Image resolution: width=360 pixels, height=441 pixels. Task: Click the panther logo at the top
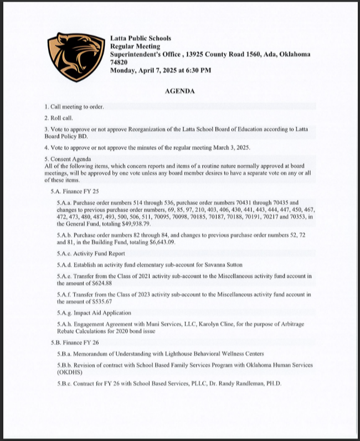(x=76, y=57)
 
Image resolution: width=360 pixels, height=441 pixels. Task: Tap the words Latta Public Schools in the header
(x=141, y=38)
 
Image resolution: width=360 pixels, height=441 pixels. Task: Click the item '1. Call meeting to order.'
(x=74, y=106)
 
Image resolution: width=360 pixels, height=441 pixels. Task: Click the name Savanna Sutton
(x=228, y=264)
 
